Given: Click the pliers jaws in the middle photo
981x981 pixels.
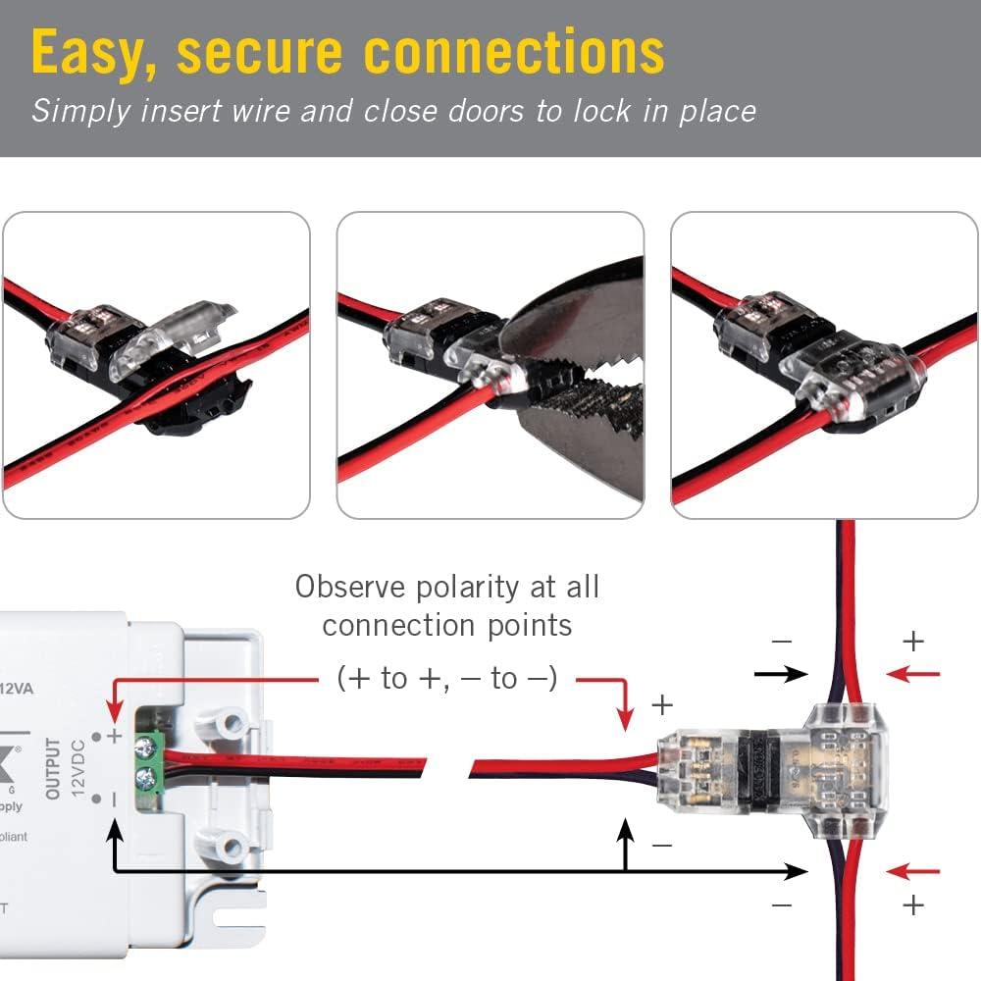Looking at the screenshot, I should (579, 392).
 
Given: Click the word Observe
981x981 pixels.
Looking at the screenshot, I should (352, 588).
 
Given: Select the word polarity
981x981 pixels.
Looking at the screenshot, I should (464, 588).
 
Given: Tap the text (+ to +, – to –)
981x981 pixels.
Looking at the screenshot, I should (446, 677).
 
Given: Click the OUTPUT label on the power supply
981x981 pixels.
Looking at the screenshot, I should (54, 769).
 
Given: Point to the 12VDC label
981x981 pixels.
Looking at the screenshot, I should (78, 770).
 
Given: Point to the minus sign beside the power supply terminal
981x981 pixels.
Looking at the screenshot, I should (115, 800).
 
